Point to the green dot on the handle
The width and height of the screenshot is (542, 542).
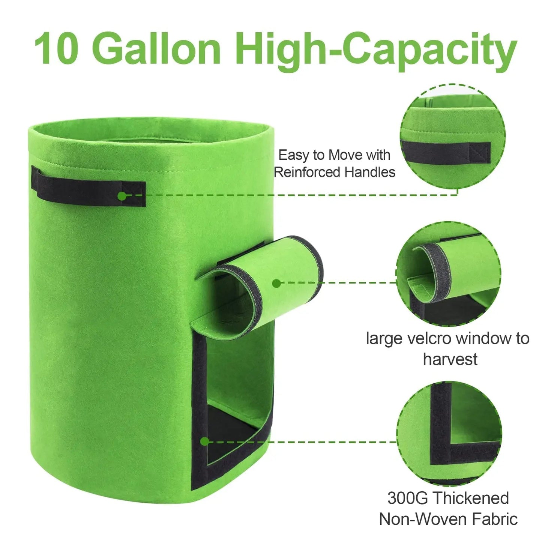pyautogui.click(x=122, y=196)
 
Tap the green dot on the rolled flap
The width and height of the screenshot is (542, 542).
pyautogui.click(x=276, y=283)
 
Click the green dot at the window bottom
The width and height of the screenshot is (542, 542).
pyautogui.click(x=204, y=441)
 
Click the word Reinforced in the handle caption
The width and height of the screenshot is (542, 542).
pyautogui.click(x=307, y=172)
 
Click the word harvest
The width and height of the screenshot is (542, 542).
pyautogui.click(x=450, y=359)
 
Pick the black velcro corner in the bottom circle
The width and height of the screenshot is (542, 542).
pyautogui.click(x=443, y=450)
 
